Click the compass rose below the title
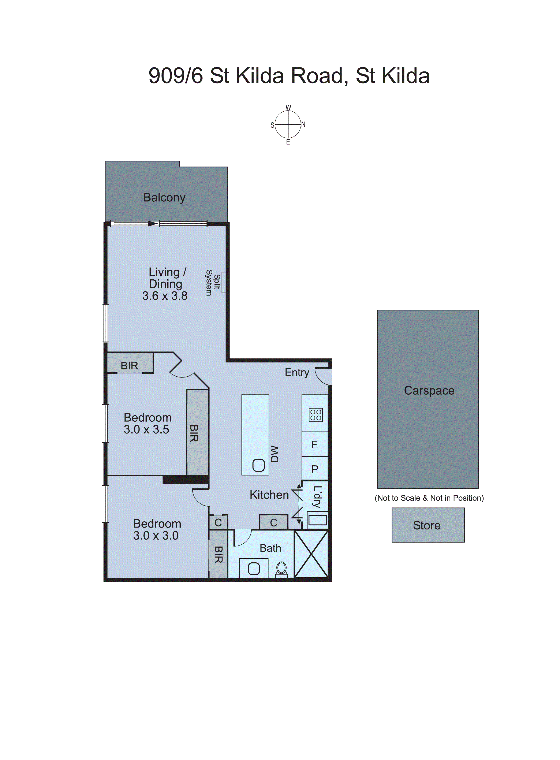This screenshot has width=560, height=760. (x=288, y=125)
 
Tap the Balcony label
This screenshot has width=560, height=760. (x=164, y=198)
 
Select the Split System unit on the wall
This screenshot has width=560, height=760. (x=223, y=282)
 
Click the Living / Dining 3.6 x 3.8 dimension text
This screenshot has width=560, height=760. (x=165, y=296)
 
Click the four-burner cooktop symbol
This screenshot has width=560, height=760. (x=316, y=415)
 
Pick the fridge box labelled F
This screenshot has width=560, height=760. (x=315, y=444)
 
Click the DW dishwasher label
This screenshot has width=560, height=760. (x=275, y=454)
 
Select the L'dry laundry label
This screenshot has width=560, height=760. (x=317, y=497)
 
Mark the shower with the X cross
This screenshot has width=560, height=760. (x=311, y=554)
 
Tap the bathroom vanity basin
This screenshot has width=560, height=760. (x=254, y=569)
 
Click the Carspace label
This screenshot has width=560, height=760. (x=429, y=391)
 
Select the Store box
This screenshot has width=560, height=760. (x=428, y=525)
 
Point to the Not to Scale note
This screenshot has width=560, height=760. (x=429, y=498)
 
